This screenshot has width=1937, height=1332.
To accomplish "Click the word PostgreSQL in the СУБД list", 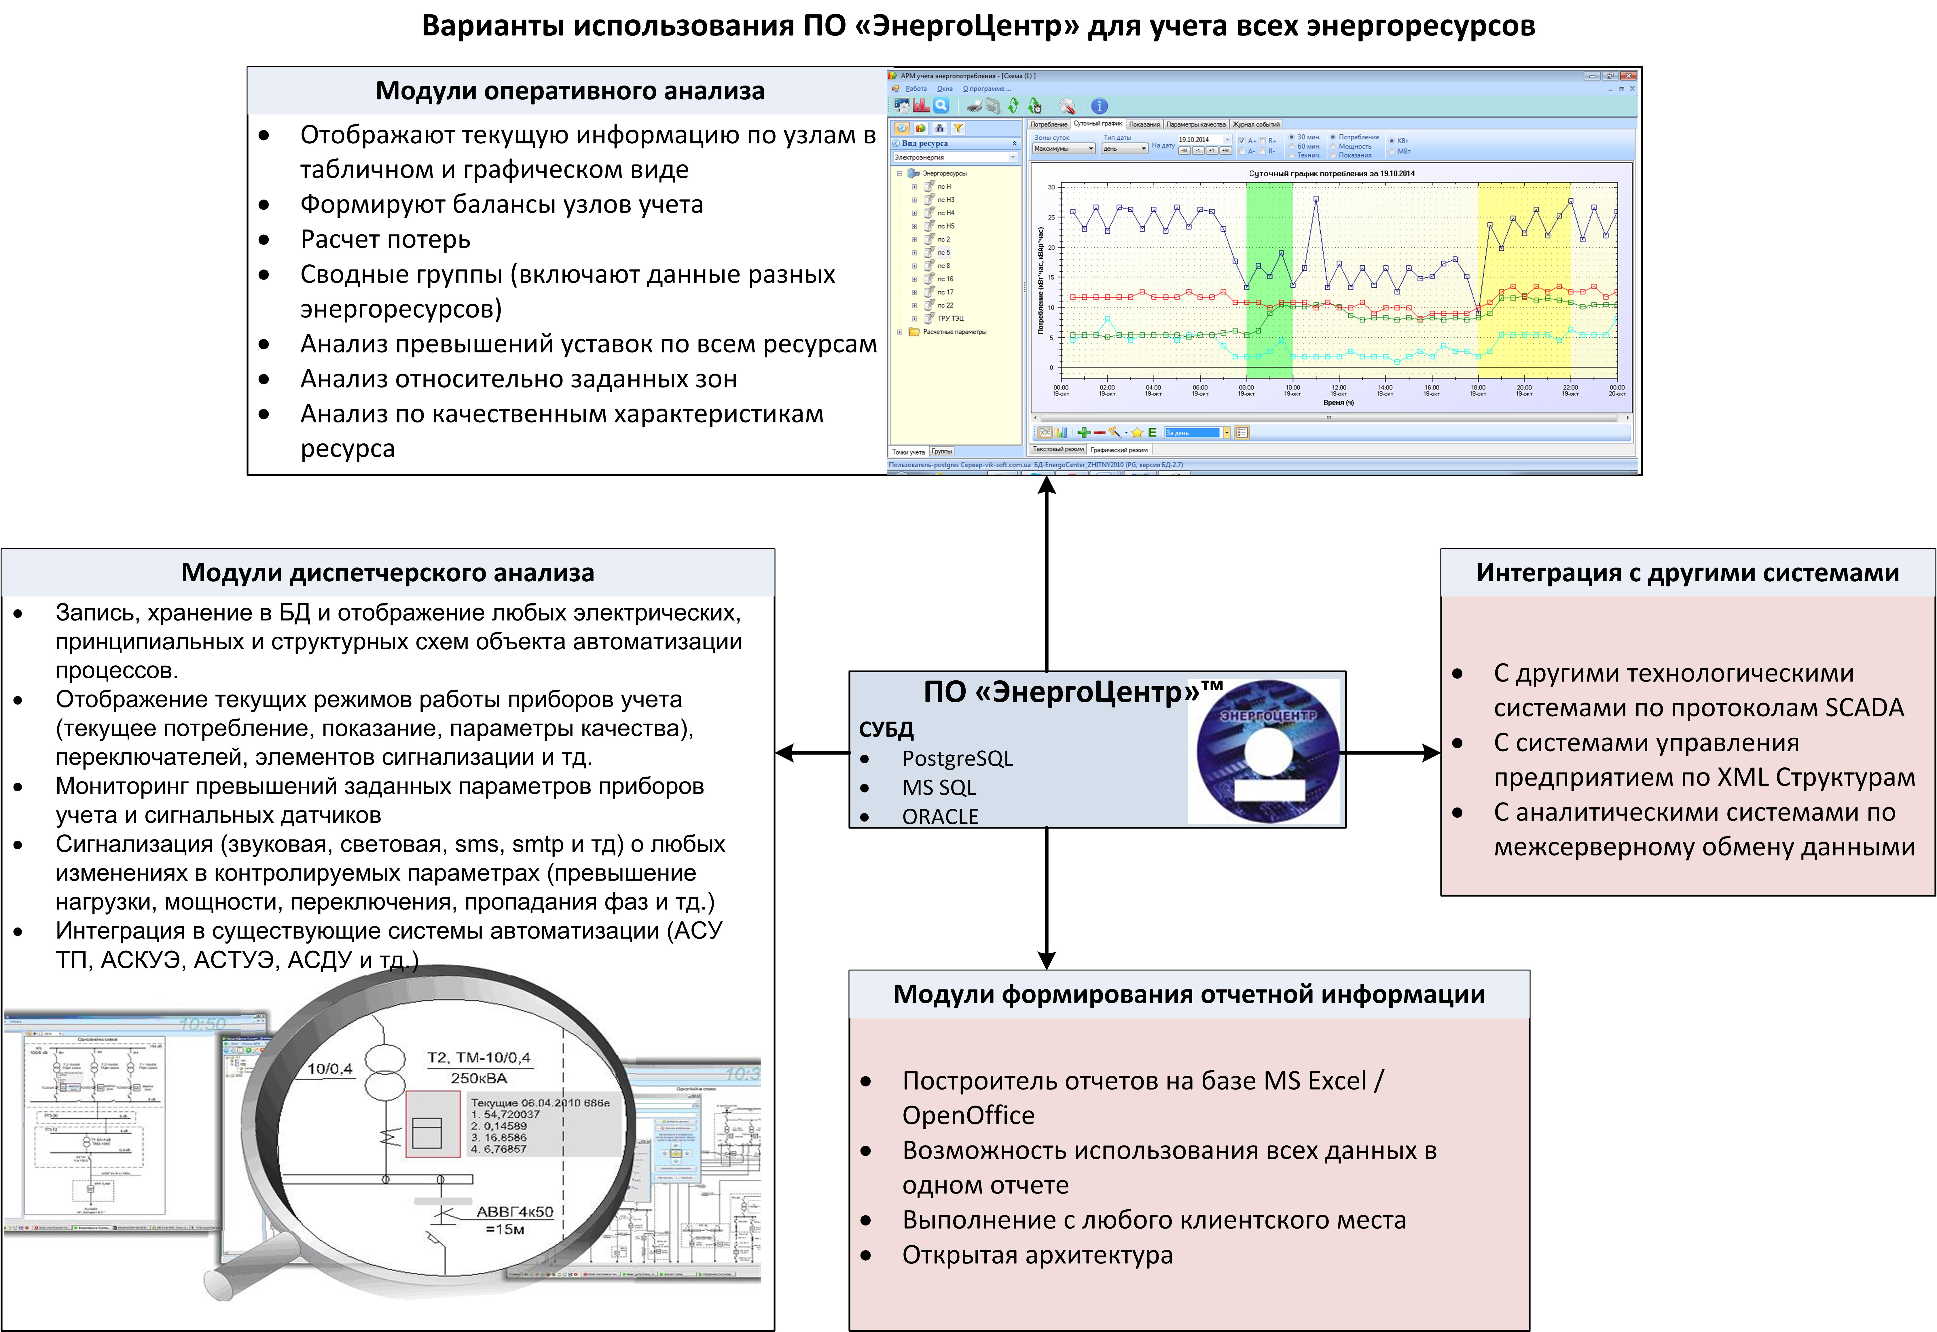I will (x=957, y=759).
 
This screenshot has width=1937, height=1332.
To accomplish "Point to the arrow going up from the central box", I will (x=1047, y=576).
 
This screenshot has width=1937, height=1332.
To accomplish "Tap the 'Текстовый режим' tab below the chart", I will (x=1058, y=449).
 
